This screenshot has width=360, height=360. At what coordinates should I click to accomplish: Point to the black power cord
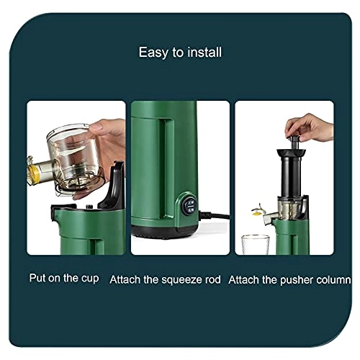pos(217,216)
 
